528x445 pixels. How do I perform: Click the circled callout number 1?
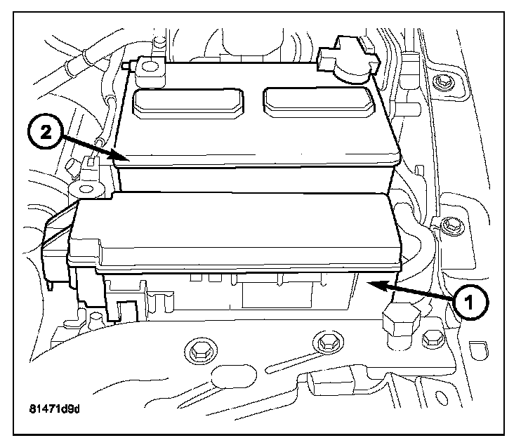[469, 303]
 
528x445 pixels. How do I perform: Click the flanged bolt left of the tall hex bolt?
[325, 343]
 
